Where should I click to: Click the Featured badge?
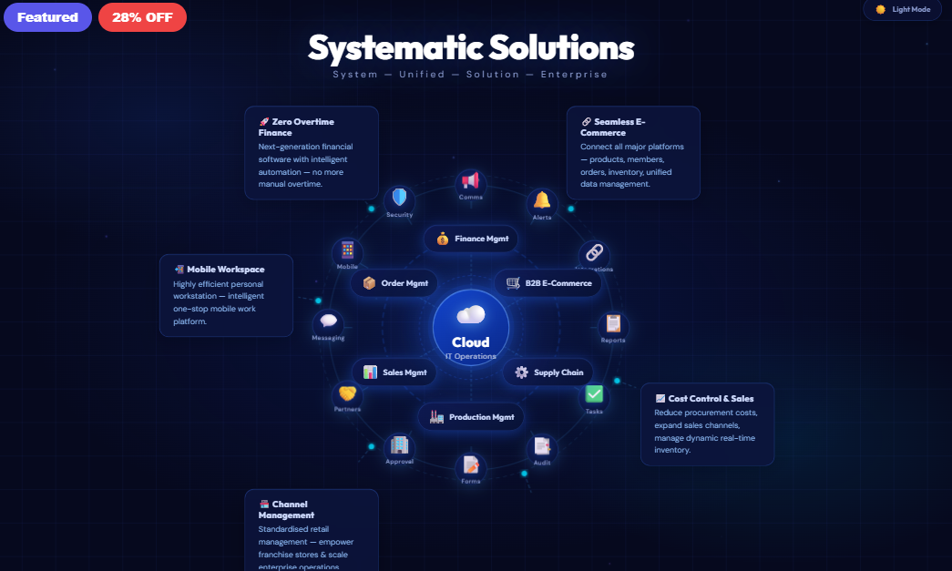coord(47,17)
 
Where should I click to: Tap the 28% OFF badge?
coord(142,17)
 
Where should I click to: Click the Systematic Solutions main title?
coord(470,47)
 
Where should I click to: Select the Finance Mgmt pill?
coord(471,239)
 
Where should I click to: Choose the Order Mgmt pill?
coord(394,283)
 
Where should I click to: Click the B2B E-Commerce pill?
coord(548,283)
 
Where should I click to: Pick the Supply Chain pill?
coord(548,372)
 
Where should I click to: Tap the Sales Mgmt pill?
coord(394,372)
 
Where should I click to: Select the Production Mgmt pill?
coord(471,417)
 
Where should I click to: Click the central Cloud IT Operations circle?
coord(471,328)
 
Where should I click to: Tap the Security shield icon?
coord(399,198)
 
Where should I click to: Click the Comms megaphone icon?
coord(471,180)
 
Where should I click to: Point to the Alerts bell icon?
coord(542,200)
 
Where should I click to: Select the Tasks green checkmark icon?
coord(594,394)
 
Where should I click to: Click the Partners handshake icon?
coord(347,393)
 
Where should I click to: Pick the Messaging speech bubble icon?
coord(328,321)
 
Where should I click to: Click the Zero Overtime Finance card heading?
coord(296,127)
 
